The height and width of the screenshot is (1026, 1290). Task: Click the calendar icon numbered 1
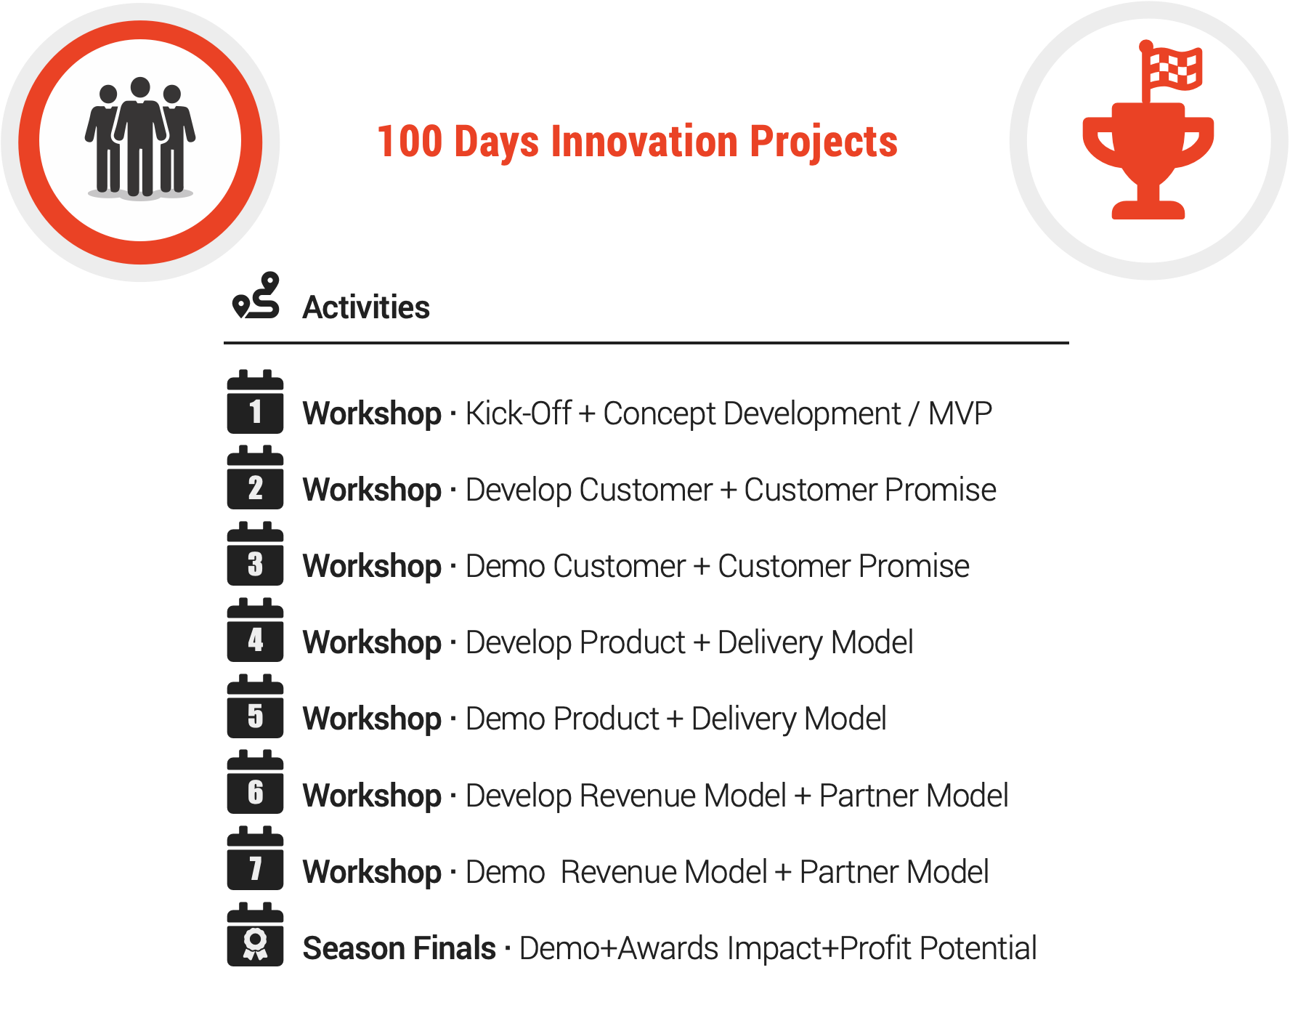(x=255, y=402)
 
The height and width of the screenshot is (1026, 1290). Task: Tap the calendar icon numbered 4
(x=255, y=631)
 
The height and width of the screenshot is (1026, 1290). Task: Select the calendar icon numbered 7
(x=255, y=859)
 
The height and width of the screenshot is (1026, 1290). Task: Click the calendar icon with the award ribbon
(x=255, y=935)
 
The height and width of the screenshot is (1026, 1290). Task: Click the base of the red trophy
(x=1148, y=210)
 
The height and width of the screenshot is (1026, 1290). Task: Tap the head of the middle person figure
(x=140, y=87)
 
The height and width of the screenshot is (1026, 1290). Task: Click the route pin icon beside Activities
(x=256, y=296)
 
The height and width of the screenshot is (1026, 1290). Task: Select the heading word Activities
(x=366, y=307)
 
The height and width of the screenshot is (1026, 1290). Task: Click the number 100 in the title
(x=410, y=141)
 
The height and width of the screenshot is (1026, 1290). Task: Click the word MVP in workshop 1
(x=960, y=413)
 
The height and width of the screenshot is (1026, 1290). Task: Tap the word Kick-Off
(x=519, y=413)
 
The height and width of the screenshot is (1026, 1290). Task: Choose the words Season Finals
(x=399, y=948)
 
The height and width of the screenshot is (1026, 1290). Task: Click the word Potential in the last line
(x=978, y=948)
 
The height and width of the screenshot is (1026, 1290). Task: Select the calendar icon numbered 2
(x=255, y=478)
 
